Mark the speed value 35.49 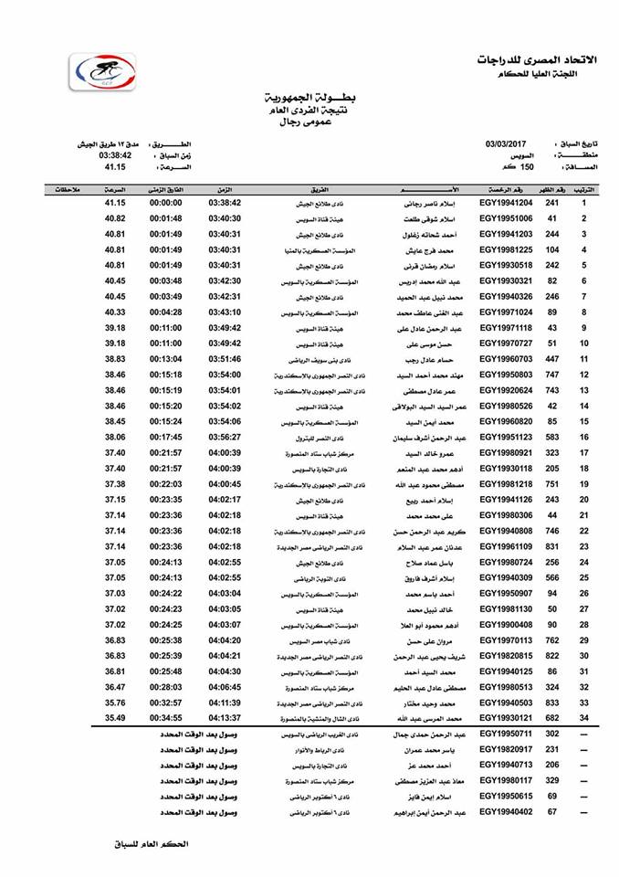115,718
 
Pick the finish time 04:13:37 225,718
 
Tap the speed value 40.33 115,312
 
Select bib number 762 551,639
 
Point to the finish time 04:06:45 225,687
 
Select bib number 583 551,437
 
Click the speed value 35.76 115,703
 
